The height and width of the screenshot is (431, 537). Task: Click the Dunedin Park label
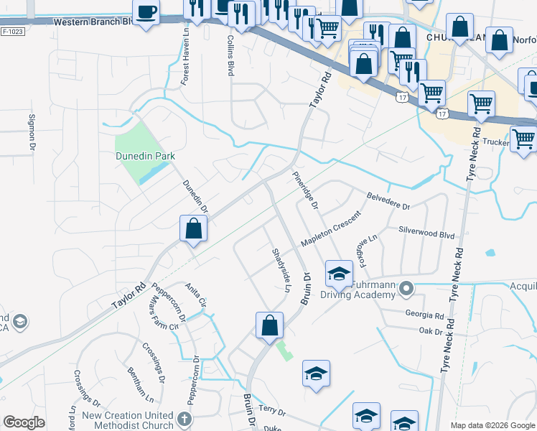pyautogui.click(x=146, y=155)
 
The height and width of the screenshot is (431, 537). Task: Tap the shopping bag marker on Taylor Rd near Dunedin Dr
pyautogui.click(x=194, y=229)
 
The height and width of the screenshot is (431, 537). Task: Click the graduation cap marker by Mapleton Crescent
pyautogui.click(x=339, y=273)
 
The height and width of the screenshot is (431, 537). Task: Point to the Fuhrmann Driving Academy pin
pyautogui.click(x=406, y=289)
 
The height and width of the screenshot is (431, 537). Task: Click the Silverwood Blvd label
pyautogui.click(x=427, y=234)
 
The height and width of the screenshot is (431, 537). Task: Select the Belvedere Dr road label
pyautogui.click(x=387, y=200)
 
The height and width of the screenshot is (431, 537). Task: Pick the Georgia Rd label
pyautogui.click(x=424, y=315)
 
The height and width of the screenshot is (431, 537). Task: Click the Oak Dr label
pyautogui.click(x=431, y=330)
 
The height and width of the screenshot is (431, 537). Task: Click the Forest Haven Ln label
pyautogui.click(x=185, y=64)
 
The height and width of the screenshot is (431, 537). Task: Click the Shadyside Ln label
pyautogui.click(x=281, y=269)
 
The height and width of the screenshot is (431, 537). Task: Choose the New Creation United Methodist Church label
pyautogui.click(x=128, y=420)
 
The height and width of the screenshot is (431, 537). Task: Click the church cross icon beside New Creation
pyautogui.click(x=185, y=420)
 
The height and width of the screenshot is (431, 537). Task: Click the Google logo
pyautogui.click(x=24, y=423)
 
